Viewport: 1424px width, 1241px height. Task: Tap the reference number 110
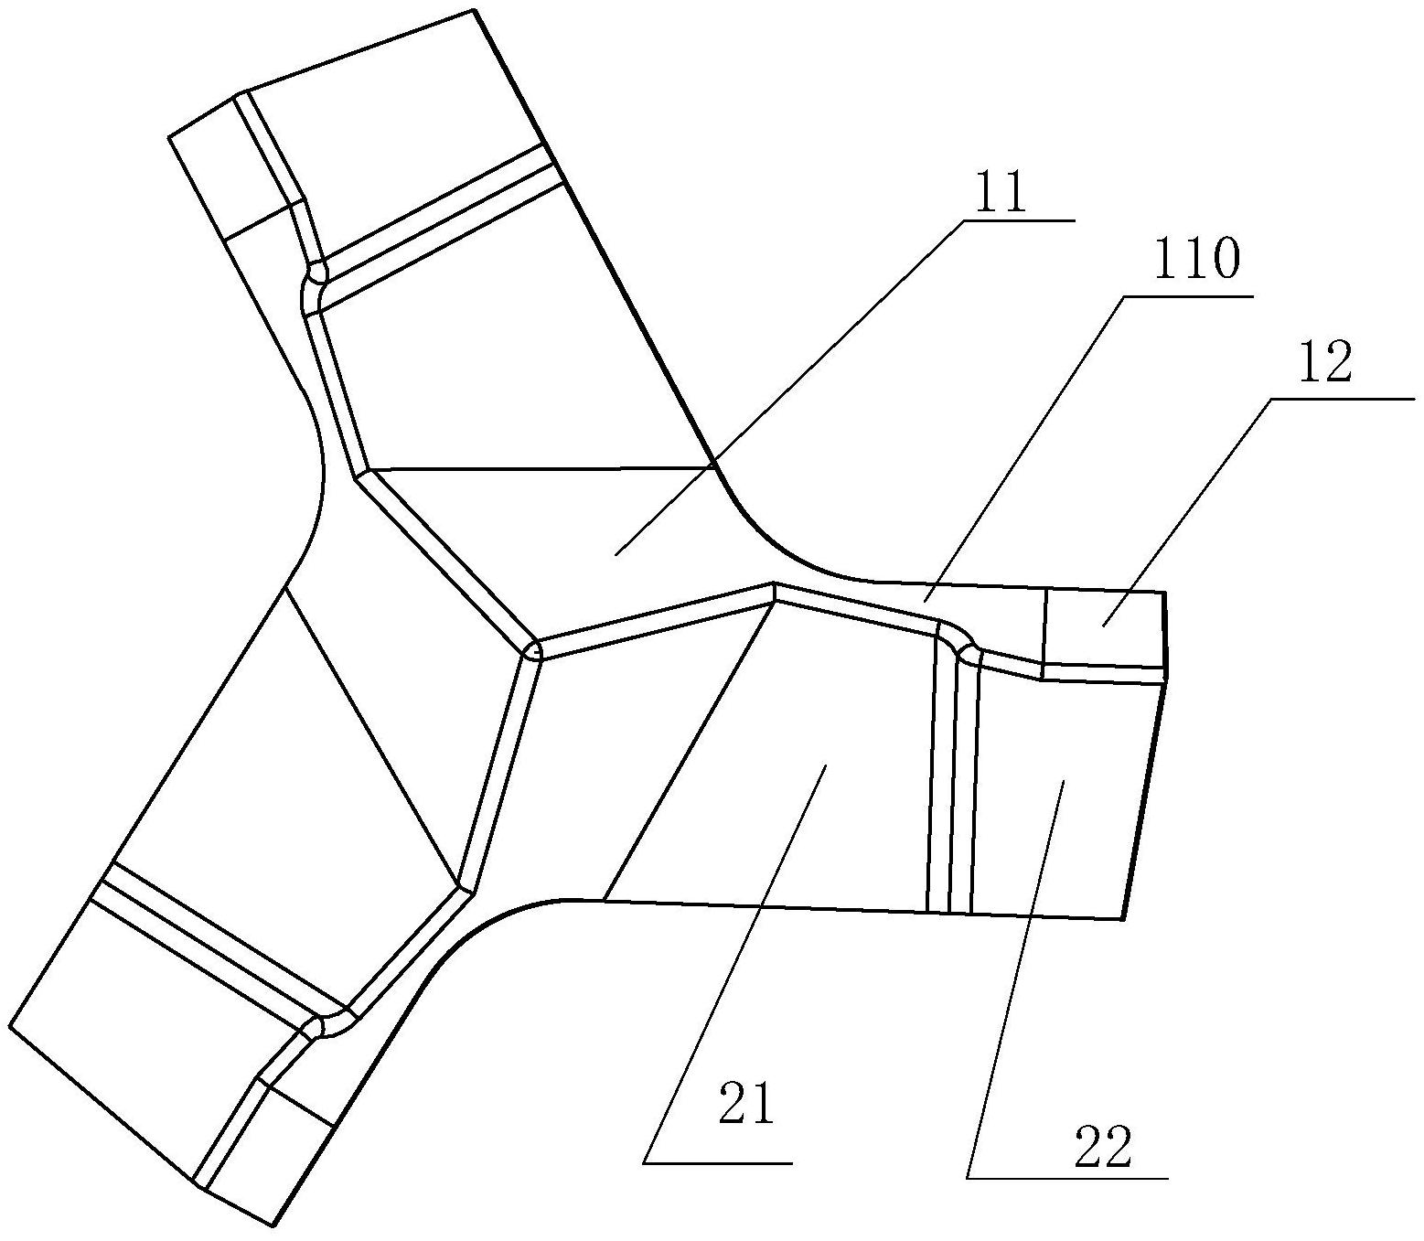coord(1196,261)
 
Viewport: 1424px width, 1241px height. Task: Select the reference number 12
coord(1325,363)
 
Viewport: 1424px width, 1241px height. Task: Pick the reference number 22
coord(1103,1148)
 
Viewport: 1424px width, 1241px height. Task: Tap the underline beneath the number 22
coord(1067,1178)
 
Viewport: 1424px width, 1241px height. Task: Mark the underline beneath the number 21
coord(718,1162)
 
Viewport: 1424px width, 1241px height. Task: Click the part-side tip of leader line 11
coord(615,554)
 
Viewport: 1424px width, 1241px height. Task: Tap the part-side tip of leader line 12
coord(1102,626)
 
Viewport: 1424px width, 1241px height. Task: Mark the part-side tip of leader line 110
coord(924,602)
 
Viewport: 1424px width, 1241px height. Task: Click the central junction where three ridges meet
coord(533,651)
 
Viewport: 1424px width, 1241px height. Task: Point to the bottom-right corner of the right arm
coord(1122,919)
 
